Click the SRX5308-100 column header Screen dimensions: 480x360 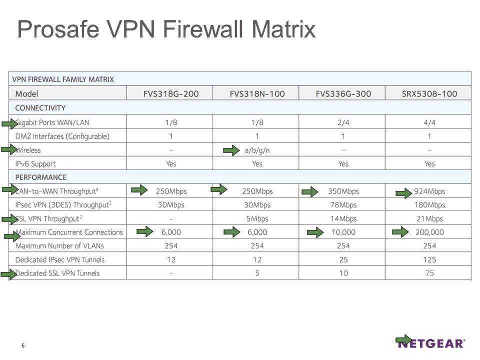[429, 93]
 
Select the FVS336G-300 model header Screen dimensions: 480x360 [343, 93]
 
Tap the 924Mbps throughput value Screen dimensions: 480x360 [429, 191]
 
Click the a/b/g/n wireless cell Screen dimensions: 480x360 [257, 150]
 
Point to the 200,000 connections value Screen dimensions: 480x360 [429, 232]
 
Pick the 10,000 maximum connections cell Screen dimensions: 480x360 [343, 232]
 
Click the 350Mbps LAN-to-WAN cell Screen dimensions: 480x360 [343, 191]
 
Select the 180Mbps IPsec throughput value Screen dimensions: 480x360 [429, 204]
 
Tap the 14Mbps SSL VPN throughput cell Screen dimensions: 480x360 [343, 218]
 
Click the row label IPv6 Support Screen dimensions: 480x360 [35, 163]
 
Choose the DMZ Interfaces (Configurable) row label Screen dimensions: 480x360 [62, 136]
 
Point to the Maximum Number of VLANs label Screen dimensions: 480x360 [59, 245]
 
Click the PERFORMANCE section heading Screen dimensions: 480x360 [41, 177]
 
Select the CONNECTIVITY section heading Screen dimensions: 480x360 [40, 107]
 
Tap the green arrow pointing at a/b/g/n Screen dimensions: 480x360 [231, 149]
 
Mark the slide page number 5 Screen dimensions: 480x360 [23, 345]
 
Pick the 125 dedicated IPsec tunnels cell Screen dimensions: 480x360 [429, 259]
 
